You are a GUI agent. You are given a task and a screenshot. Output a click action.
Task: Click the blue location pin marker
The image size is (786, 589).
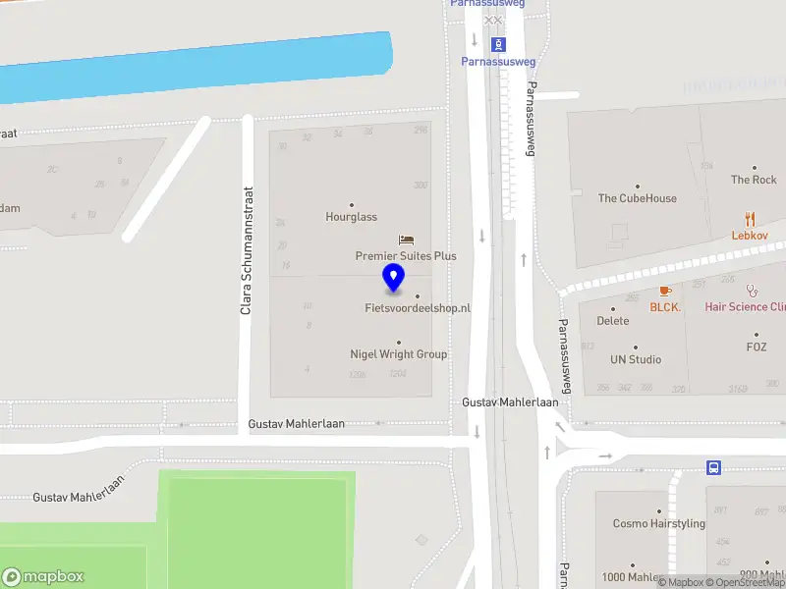394,278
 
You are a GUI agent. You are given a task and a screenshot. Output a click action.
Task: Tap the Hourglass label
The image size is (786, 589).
352,217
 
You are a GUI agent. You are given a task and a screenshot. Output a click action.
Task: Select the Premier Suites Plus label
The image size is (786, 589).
406,256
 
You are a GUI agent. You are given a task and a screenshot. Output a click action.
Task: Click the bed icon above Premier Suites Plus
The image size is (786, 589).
406,240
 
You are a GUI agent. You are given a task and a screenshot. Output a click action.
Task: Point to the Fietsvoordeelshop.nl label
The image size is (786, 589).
417,308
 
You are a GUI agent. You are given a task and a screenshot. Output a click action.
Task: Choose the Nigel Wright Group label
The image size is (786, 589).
398,354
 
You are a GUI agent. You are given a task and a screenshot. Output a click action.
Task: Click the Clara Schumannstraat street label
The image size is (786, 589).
248,251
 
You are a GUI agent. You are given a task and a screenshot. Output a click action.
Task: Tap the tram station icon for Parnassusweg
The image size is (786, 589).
498,44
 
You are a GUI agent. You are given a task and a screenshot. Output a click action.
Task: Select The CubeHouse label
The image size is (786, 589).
637,198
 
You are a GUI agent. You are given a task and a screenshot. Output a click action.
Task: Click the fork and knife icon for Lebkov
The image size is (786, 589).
752,219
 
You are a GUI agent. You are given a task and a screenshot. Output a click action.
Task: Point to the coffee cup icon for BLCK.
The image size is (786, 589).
665,291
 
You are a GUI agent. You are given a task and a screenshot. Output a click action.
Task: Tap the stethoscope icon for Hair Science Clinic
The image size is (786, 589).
753,291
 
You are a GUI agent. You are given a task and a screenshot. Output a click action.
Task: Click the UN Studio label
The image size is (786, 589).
636,359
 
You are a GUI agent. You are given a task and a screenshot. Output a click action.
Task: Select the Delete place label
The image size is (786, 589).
613,321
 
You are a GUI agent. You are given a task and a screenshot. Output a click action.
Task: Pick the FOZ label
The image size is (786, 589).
756,348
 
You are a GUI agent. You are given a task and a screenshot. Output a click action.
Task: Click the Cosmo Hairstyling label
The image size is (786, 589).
658,524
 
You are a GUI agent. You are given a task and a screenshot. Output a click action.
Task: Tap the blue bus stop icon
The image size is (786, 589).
714,467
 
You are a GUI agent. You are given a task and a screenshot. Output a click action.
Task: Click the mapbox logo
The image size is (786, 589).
43,577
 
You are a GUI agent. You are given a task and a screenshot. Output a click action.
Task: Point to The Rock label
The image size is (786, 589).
754,180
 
